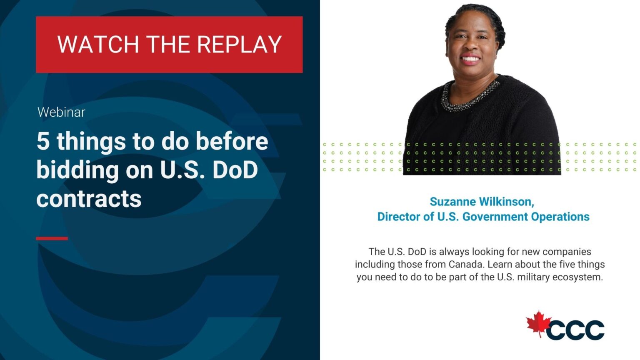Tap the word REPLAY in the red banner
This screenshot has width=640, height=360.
tap(240, 45)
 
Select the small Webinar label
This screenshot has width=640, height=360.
tap(61, 112)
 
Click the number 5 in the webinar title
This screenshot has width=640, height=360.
tap(43, 141)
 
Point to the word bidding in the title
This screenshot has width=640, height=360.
tap(77, 170)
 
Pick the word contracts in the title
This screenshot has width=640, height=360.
tap(89, 199)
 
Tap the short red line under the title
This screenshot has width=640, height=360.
tap(52, 238)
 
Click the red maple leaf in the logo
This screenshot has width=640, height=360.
tap(538, 324)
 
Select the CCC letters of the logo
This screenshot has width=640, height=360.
tap(575, 330)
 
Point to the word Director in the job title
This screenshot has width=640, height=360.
tap(399, 217)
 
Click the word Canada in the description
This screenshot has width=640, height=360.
tap(466, 264)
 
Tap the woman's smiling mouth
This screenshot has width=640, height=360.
tap(470, 60)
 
